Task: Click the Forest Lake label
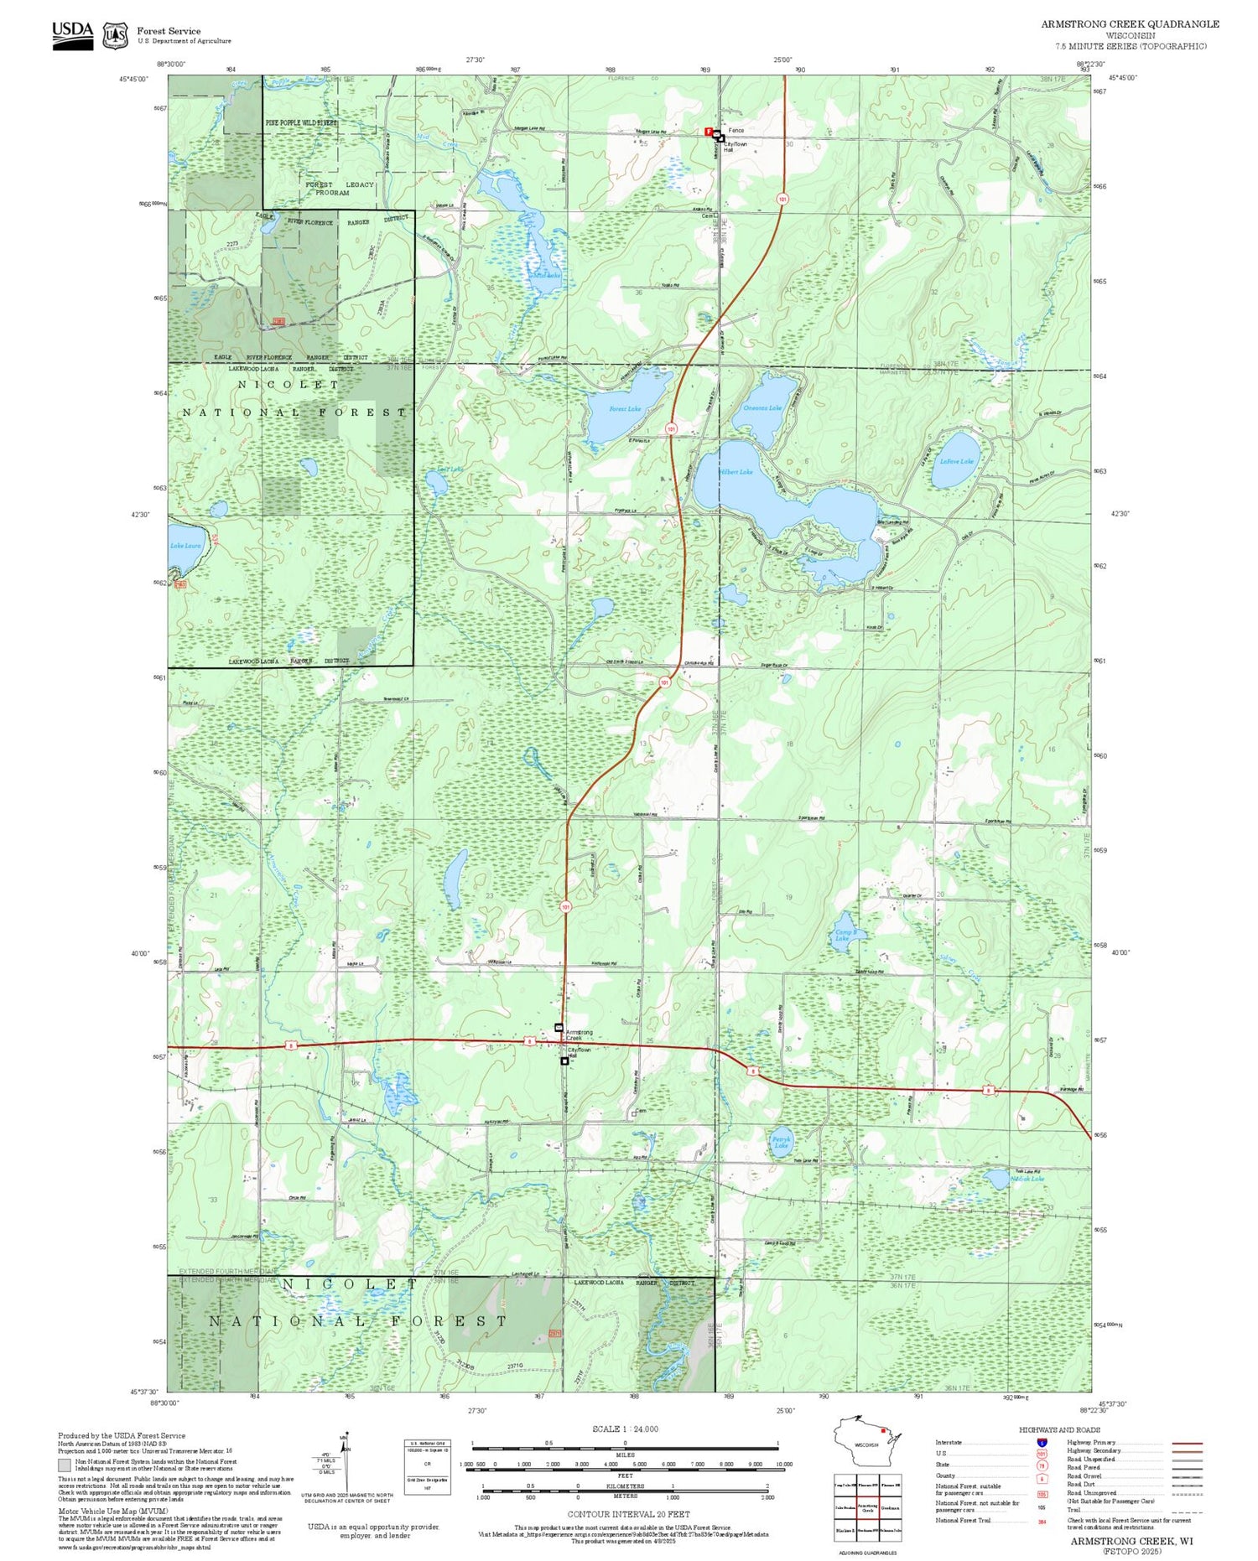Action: [624, 409]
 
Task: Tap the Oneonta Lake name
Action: [762, 408]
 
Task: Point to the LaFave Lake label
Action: [956, 461]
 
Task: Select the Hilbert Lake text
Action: [736, 472]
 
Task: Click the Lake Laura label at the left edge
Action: [185, 546]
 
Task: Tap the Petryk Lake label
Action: [782, 1142]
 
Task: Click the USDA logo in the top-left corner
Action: [72, 34]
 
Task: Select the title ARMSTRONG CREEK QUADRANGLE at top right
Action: [1130, 24]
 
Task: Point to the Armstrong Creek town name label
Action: [579, 1035]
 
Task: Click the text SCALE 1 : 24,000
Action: [625, 1429]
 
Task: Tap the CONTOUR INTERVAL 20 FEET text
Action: [628, 1514]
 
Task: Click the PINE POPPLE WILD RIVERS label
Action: [301, 122]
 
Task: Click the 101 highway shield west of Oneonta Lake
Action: [671, 428]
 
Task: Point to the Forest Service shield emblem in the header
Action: [115, 35]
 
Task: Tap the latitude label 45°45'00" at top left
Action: [133, 79]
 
